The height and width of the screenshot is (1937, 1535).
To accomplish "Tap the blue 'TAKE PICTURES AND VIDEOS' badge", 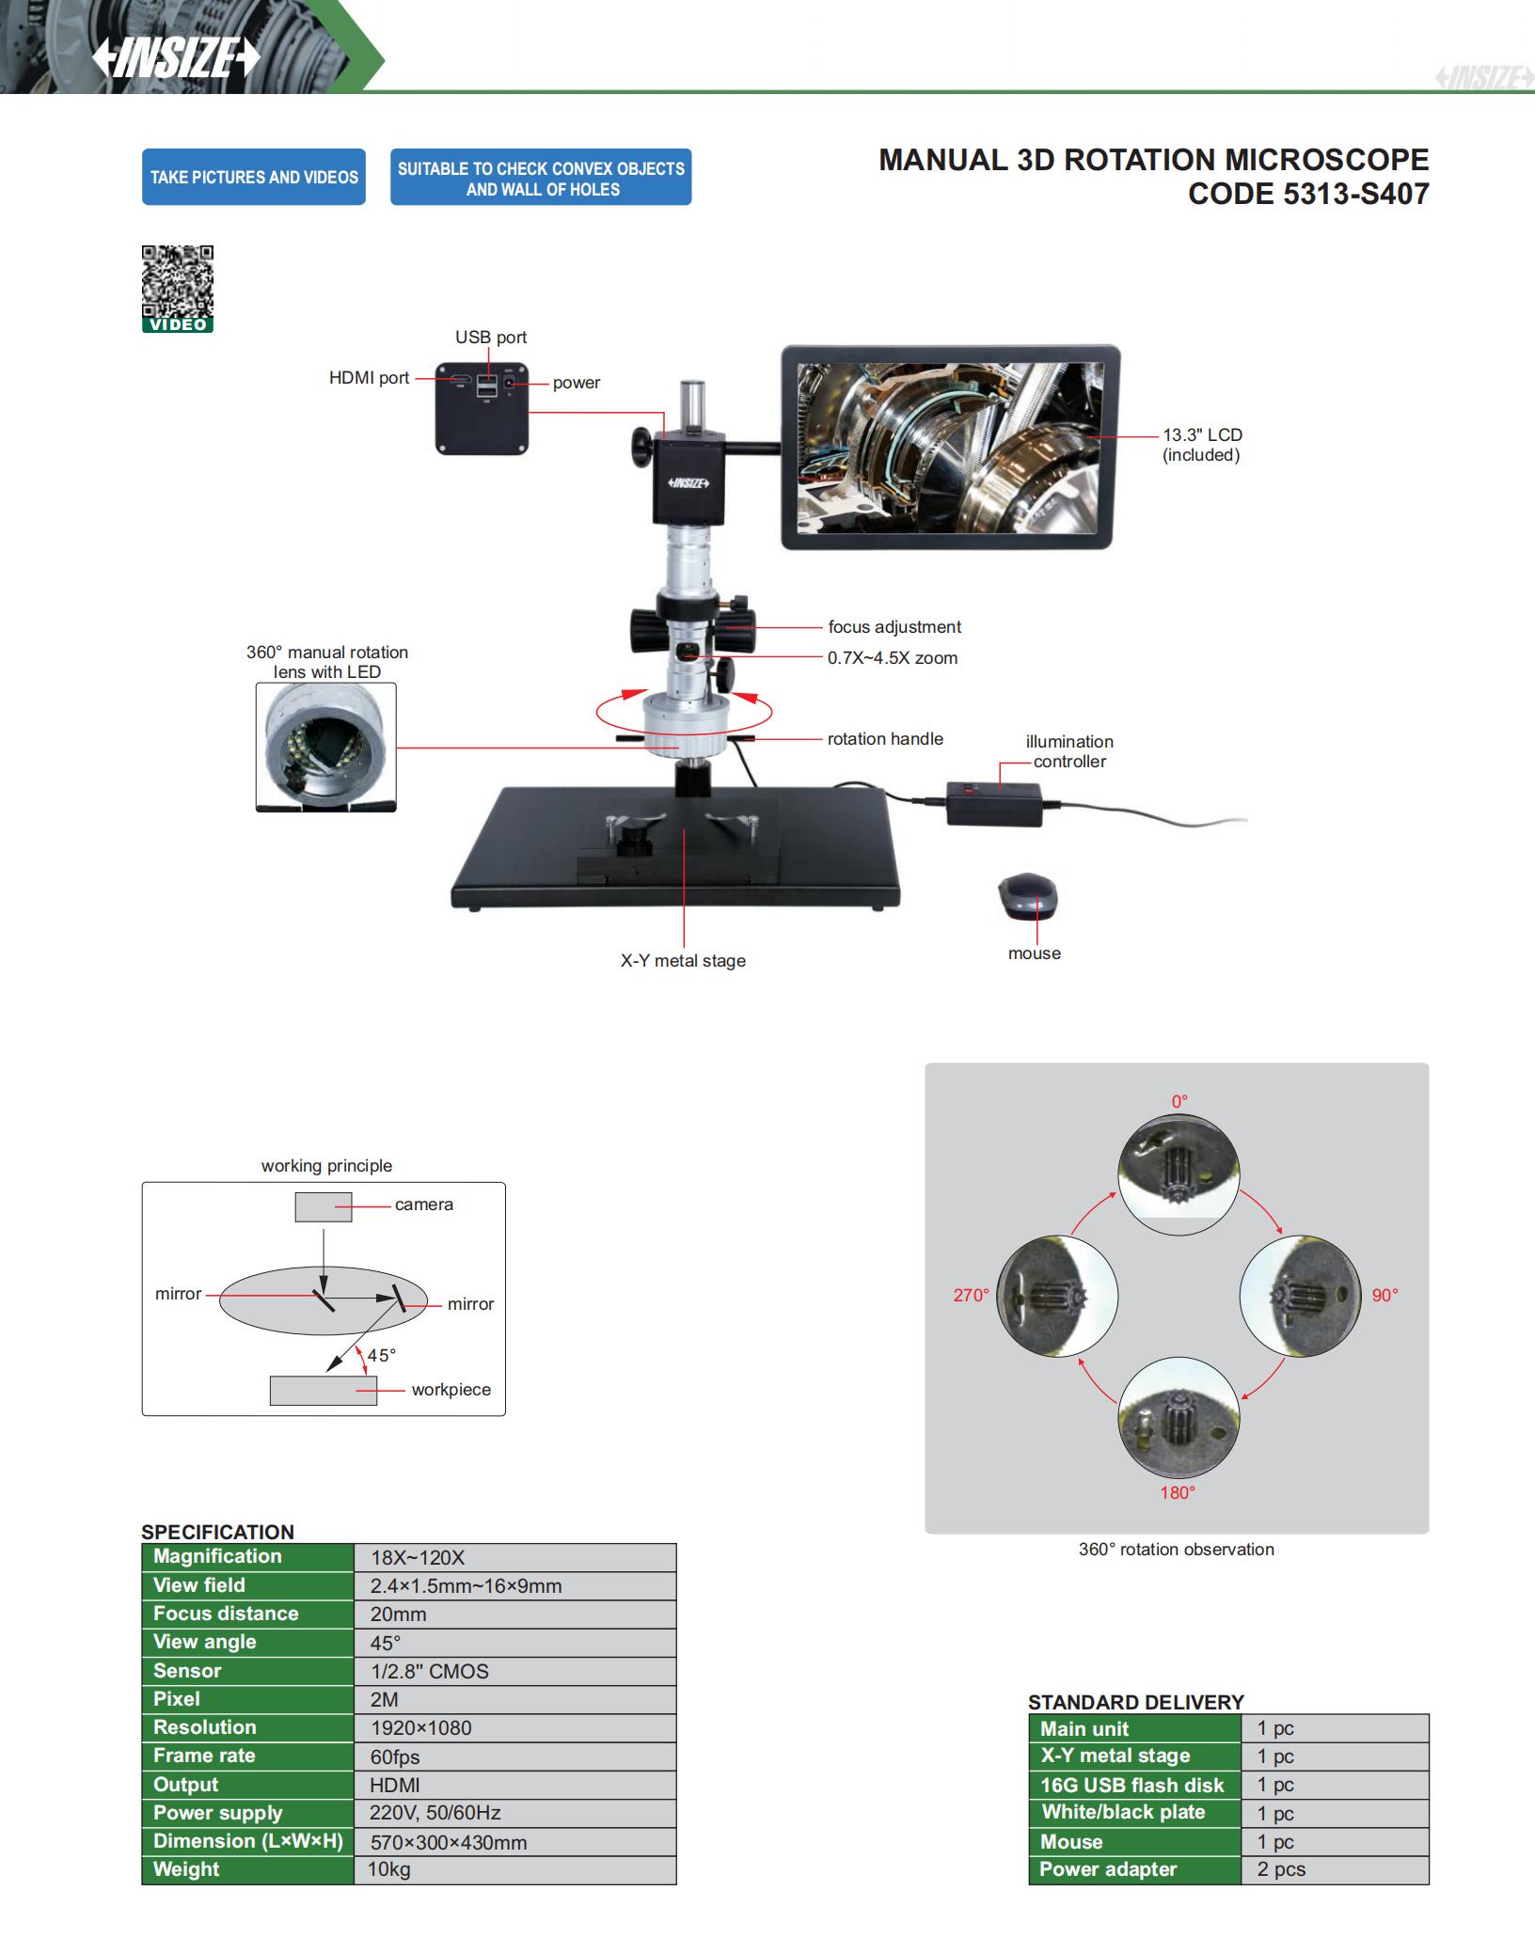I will tap(254, 177).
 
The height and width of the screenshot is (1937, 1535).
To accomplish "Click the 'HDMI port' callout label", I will tap(369, 378).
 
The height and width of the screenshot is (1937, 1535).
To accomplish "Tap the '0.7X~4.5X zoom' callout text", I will tap(893, 658).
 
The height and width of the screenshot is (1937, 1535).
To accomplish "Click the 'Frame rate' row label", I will tap(204, 1756).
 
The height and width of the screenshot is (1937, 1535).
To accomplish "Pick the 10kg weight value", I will tap(389, 1869).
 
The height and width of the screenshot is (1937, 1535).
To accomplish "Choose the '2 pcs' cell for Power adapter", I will tap(1281, 1869).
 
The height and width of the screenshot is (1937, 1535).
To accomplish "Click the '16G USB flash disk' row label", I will tap(1131, 1785).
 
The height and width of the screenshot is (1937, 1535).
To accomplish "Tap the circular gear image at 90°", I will tap(1301, 1296).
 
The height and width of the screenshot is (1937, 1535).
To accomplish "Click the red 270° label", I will tap(971, 1296).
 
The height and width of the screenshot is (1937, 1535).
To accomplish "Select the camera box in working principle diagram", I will tap(324, 1206).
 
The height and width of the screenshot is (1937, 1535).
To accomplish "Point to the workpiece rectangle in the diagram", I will tap(323, 1391).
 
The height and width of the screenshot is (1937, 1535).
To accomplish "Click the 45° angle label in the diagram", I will tap(381, 1355).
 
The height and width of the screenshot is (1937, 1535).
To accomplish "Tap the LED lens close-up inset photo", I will tap(325, 747).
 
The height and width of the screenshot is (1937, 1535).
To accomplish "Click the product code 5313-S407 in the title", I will tap(1308, 194).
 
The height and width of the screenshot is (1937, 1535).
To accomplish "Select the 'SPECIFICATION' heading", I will tap(217, 1532).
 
